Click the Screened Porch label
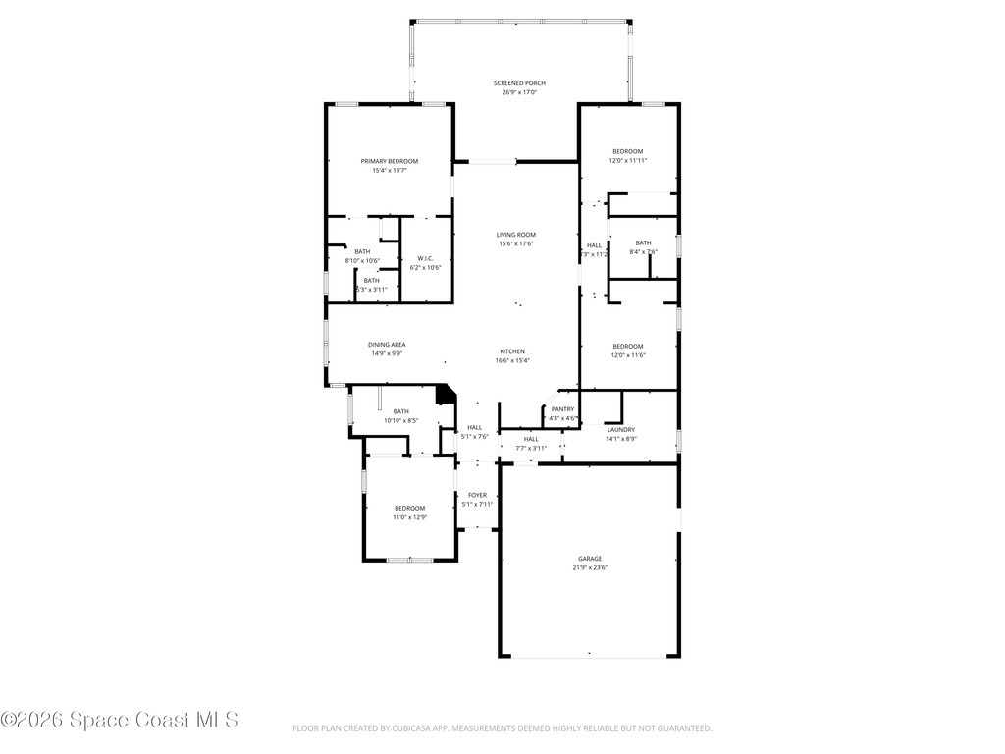[519, 83]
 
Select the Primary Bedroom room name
[389, 161]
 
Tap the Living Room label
[515, 234]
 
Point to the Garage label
[589, 558]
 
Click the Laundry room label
[620, 429]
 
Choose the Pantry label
[562, 409]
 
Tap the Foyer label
[477, 495]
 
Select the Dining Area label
[387, 344]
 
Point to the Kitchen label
[512, 351]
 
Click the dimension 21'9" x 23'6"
[590, 567]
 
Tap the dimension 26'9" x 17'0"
[519, 93]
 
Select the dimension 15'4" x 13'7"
[389, 171]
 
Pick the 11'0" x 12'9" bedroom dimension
[410, 517]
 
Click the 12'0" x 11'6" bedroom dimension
[628, 355]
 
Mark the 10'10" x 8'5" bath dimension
[400, 421]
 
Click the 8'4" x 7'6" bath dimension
[643, 252]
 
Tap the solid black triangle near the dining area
[447, 394]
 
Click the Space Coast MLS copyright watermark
[119, 720]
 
